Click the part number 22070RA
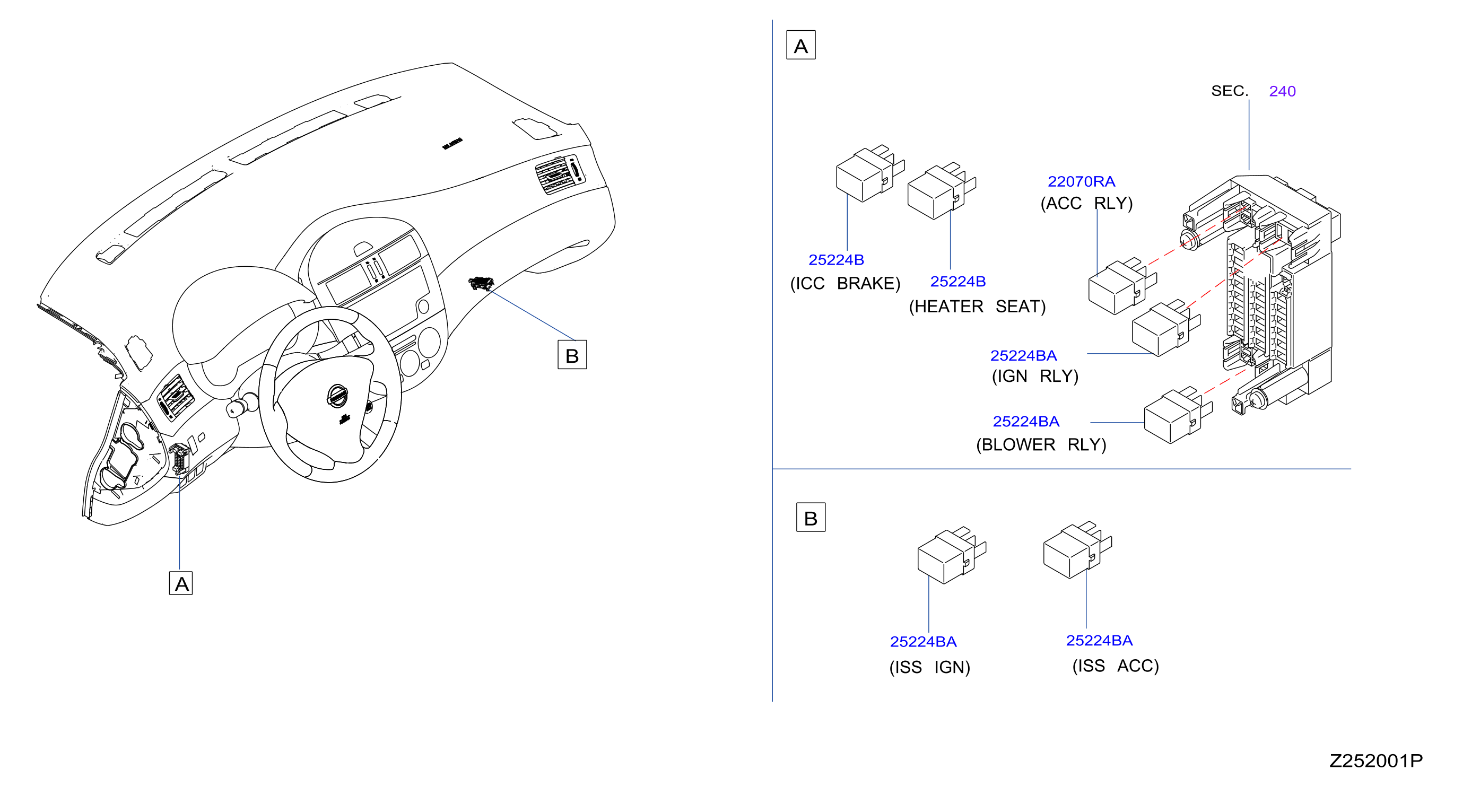click(1081, 181)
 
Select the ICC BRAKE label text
click(845, 284)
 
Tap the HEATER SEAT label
click(977, 307)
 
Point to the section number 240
click(1282, 91)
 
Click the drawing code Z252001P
click(1376, 761)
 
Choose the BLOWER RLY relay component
click(1178, 415)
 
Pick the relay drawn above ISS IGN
click(952, 555)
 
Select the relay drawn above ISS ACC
click(1077, 550)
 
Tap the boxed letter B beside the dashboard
click(572, 354)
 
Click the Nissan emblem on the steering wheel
click(337, 396)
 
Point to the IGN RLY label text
click(1035, 377)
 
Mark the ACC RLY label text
click(1086, 203)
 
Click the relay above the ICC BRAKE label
click(870, 173)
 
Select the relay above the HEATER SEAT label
click(942, 191)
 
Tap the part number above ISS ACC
click(1099, 641)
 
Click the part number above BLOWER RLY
click(1026, 422)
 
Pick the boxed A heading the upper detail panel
click(801, 46)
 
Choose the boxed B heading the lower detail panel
click(811, 518)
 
